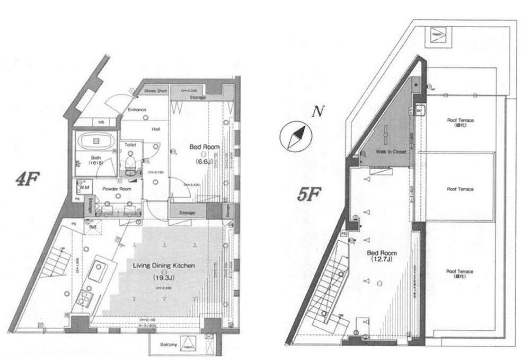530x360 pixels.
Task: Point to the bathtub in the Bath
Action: (96, 142)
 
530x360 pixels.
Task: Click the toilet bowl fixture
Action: (130, 162)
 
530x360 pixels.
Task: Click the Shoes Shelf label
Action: (155, 91)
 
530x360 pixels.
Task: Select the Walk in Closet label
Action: (392, 152)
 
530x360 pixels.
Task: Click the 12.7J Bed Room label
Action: (381, 256)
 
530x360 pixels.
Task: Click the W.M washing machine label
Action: (85, 187)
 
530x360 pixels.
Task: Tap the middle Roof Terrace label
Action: (460, 189)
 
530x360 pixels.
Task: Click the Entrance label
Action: (137, 110)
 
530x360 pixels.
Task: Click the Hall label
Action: (156, 129)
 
